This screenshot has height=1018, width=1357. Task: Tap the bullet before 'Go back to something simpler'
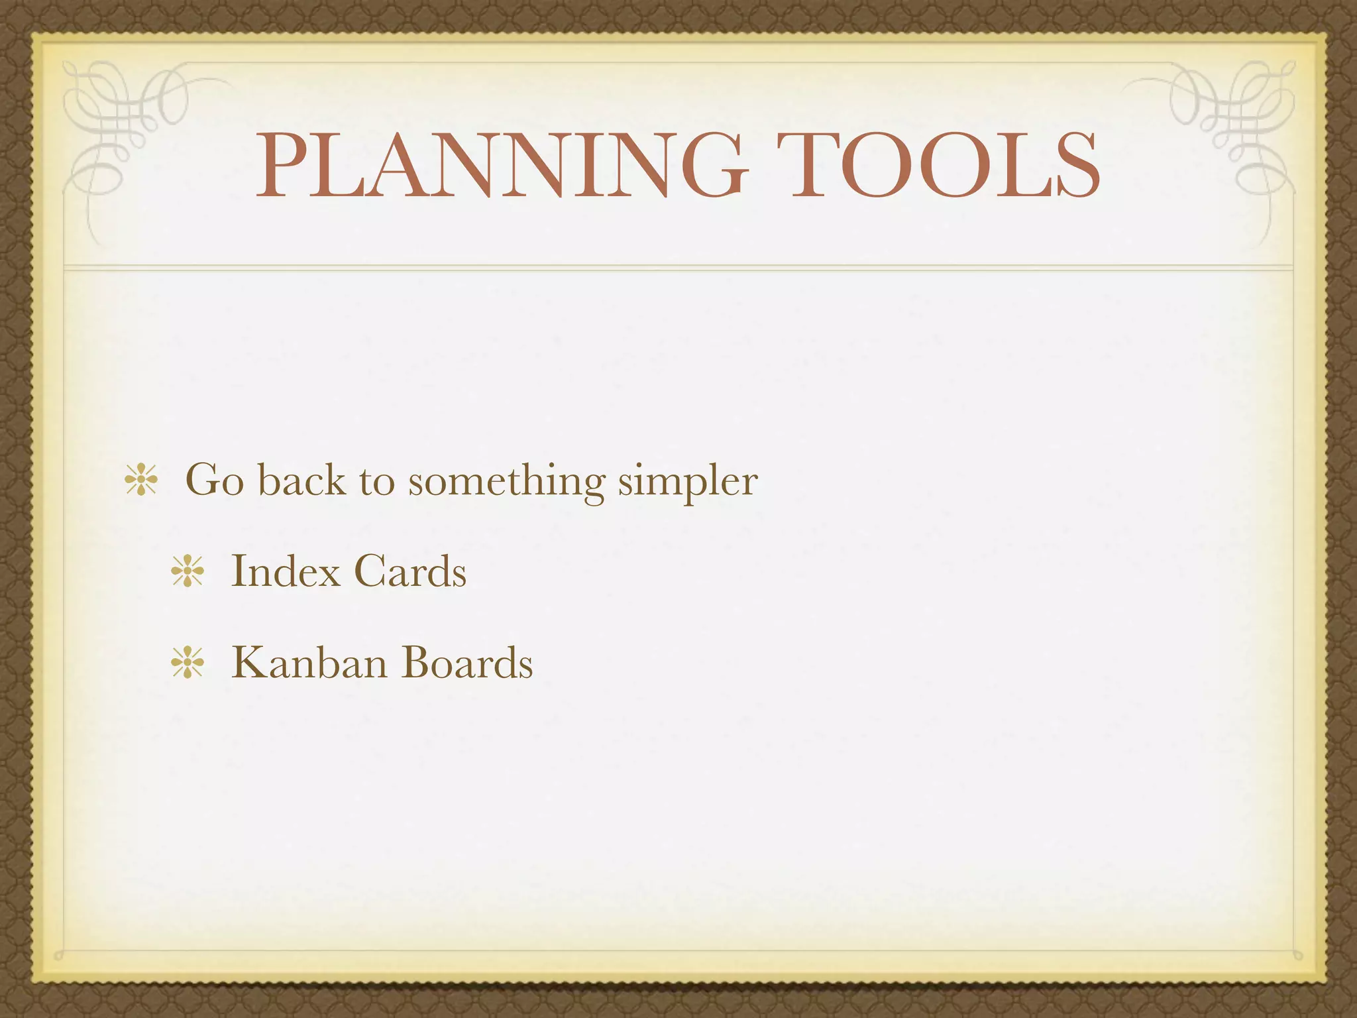141,481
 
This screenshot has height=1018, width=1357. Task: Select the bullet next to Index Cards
188,571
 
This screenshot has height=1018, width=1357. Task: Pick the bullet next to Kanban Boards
188,663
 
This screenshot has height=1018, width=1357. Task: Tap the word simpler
688,481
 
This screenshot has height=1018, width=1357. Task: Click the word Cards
409,571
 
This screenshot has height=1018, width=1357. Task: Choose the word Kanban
309,662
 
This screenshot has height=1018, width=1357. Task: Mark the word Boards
467,662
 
